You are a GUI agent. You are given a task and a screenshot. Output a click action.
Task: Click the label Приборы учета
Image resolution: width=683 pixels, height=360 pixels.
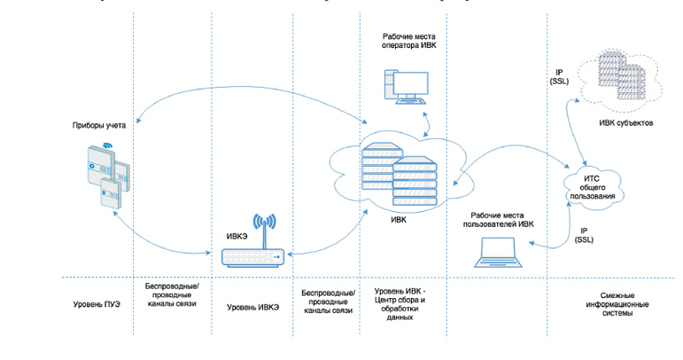pyautogui.click(x=99, y=125)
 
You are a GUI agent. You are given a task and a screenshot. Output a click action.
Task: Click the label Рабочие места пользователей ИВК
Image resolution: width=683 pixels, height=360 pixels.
pyautogui.click(x=502, y=219)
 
